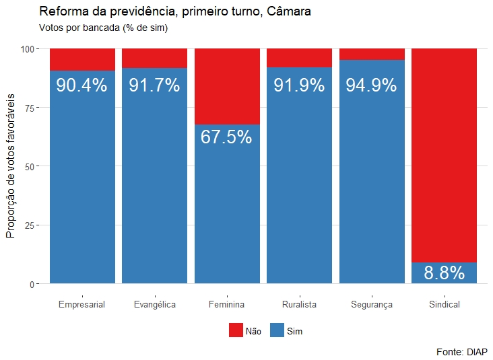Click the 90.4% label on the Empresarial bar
(x=81, y=85)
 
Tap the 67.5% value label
(x=226, y=137)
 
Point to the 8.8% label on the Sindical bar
(x=444, y=273)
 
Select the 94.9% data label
(x=371, y=85)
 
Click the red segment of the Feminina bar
(x=227, y=86)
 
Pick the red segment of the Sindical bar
(x=444, y=155)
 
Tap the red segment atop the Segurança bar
(x=372, y=54)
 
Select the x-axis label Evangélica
(x=154, y=305)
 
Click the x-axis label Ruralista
(x=299, y=305)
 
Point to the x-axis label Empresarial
(x=81, y=305)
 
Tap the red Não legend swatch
(x=236, y=330)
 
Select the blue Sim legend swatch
(x=277, y=330)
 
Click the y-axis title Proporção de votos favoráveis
(x=11, y=166)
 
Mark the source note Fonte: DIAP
(x=462, y=351)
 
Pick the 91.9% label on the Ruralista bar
(x=299, y=85)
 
